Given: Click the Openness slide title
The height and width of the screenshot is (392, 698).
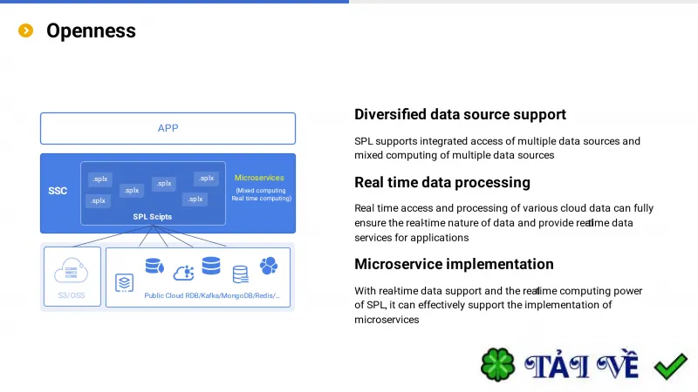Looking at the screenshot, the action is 91,30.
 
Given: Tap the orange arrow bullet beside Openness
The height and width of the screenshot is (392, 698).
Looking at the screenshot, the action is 26,30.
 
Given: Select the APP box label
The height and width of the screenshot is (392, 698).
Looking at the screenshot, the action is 168,128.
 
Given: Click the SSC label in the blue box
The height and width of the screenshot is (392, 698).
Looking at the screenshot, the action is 58,191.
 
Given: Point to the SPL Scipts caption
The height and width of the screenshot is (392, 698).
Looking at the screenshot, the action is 152,216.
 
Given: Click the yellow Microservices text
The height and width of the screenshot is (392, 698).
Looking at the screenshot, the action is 259,178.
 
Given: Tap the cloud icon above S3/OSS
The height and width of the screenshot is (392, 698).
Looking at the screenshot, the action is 72,270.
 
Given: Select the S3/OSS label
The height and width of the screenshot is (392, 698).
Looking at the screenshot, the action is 72,295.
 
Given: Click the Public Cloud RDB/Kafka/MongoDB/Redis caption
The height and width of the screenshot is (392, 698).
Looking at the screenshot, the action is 212,295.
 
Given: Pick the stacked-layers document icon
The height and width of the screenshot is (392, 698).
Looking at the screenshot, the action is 124,282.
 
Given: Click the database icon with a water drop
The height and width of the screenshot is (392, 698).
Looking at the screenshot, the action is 154,266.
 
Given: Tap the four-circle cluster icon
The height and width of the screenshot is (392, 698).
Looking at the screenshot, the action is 269,266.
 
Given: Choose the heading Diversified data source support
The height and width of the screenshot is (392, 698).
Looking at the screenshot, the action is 460,115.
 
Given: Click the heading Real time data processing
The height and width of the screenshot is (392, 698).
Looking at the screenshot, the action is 442,182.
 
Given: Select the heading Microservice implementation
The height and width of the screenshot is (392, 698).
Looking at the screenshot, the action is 454,264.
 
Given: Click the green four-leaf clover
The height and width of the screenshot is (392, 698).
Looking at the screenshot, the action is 497,365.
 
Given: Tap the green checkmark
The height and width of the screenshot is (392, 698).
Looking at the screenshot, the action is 671,366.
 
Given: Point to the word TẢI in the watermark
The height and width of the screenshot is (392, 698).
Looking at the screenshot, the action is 557,366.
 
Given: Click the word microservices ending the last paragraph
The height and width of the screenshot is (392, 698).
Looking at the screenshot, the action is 387,320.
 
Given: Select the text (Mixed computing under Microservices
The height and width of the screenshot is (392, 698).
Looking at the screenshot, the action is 261,190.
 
